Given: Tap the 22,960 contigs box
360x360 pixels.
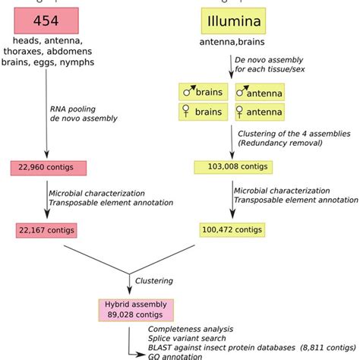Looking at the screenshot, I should pos(47,167).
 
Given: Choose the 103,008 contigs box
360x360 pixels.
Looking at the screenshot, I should pos(233,167).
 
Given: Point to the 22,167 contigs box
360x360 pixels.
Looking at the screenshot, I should pos(47,228).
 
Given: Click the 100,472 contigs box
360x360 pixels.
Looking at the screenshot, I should pos(233,228).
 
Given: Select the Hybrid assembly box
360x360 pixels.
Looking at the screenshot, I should pos(136,309).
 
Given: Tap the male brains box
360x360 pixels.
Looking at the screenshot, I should pos(204,93).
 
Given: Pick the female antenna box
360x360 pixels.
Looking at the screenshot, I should pos(260,112).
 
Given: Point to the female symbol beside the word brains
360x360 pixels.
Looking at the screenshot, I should pos(187,112).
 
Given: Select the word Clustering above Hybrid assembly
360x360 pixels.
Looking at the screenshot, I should pos(154,280).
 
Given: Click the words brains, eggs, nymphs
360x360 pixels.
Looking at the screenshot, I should pos(52,62).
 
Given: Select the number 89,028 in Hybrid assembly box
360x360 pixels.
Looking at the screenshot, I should pos(118,314).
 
